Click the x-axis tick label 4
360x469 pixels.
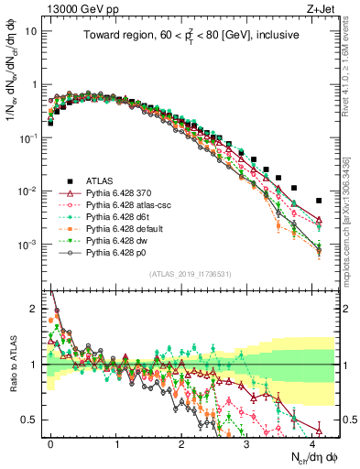(312, 442)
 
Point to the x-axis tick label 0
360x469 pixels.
(50, 442)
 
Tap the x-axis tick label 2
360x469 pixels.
(181, 442)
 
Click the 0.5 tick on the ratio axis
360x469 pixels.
(34, 420)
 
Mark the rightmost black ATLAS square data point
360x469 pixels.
(319, 201)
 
